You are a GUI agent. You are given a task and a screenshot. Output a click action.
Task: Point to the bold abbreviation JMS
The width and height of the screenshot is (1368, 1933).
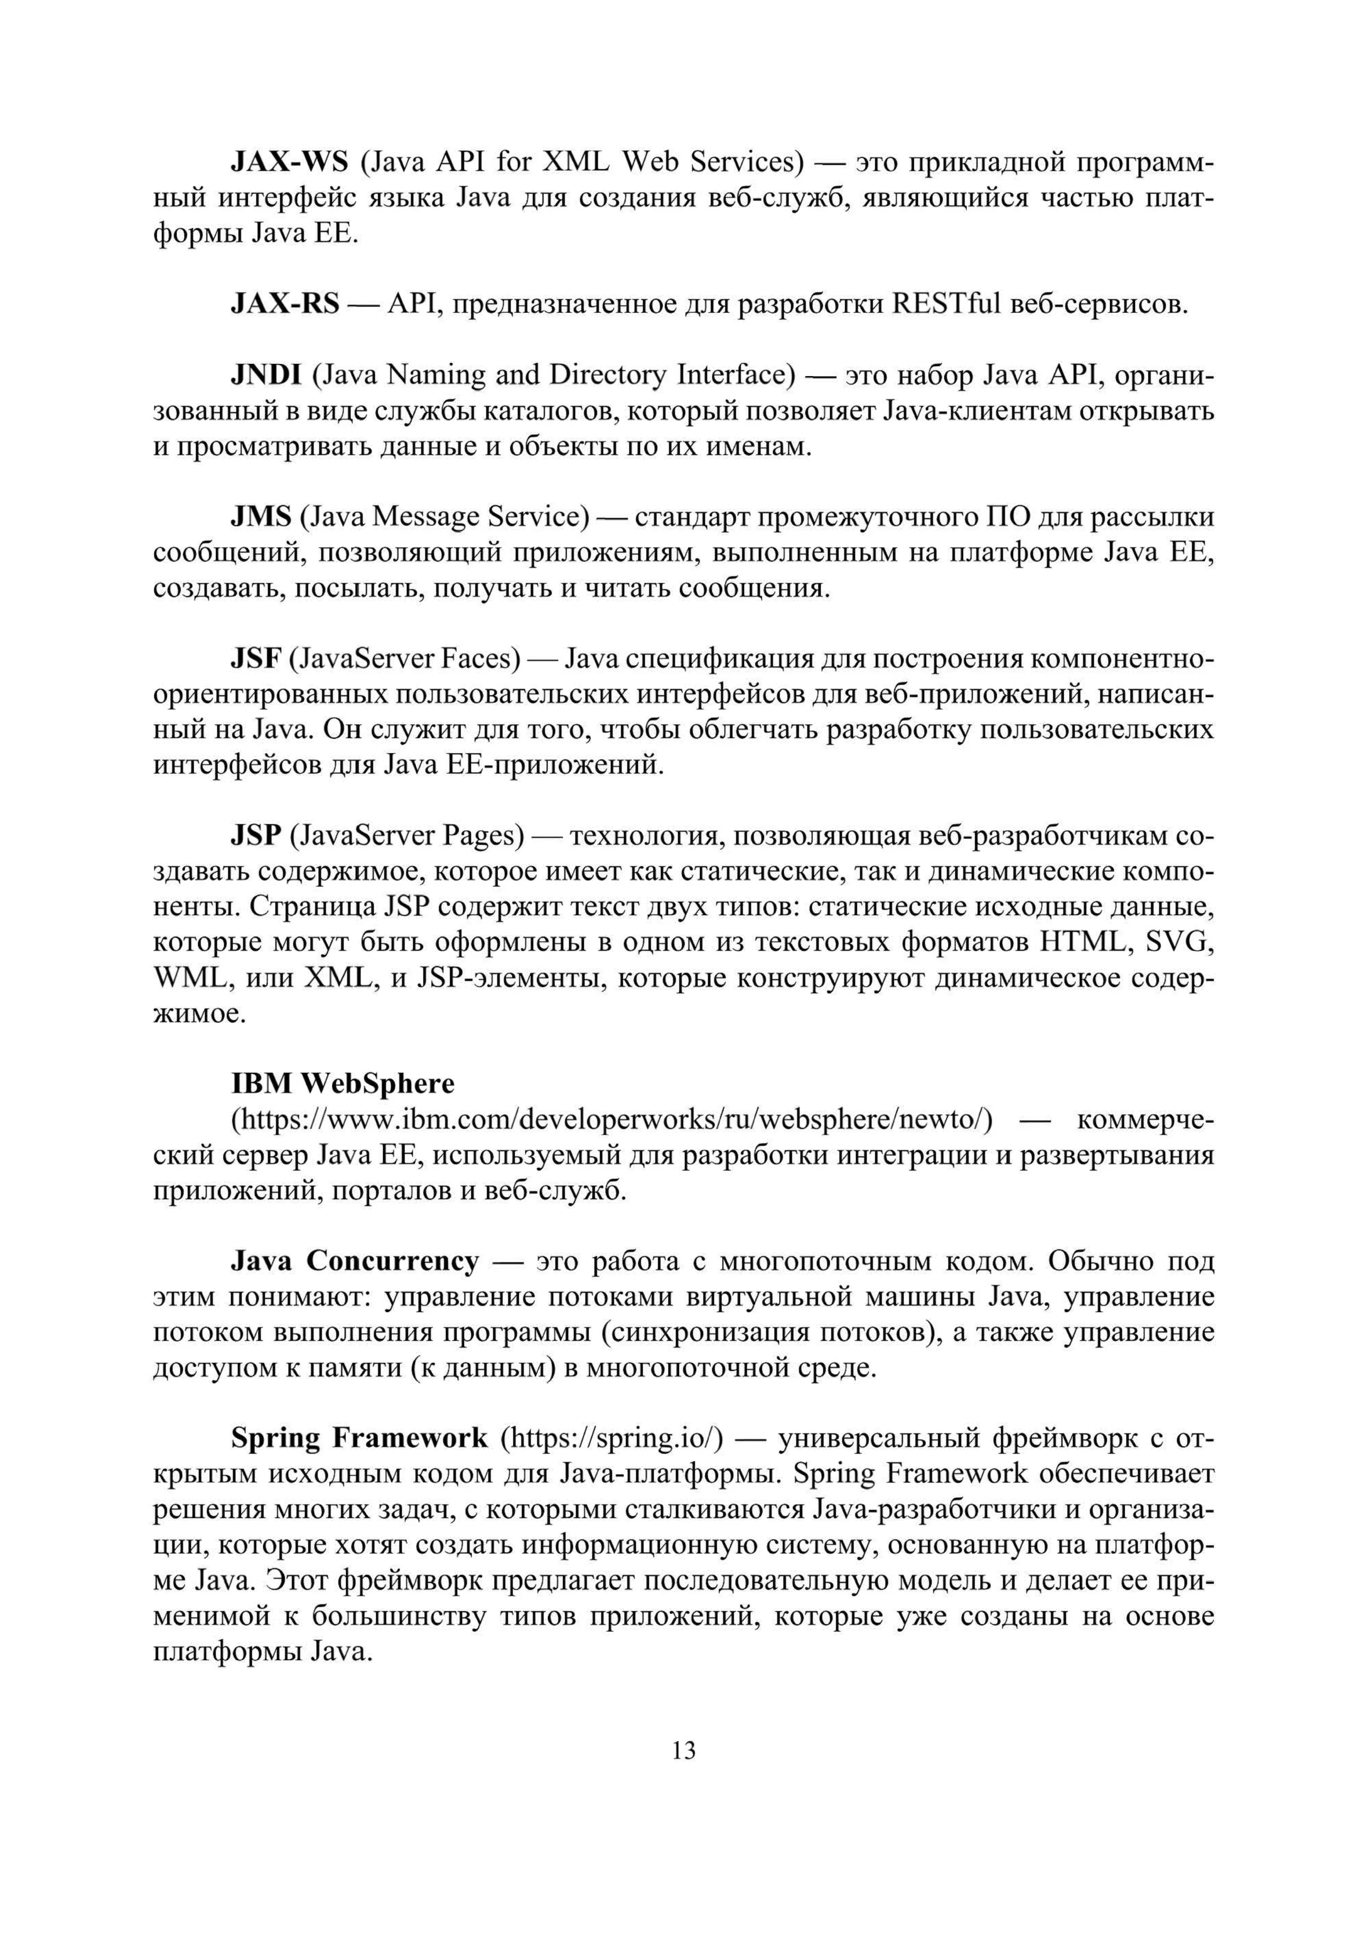[x=261, y=516]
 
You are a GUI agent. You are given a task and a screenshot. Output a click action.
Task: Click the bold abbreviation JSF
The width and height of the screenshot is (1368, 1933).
[x=255, y=658]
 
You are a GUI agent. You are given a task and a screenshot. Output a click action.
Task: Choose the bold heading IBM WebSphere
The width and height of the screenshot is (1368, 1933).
[x=342, y=1083]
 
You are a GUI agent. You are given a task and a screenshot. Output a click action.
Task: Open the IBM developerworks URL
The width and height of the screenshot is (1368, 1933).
[x=612, y=1120]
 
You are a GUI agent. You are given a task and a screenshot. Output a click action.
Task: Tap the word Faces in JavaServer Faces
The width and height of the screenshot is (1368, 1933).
[x=481, y=658]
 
